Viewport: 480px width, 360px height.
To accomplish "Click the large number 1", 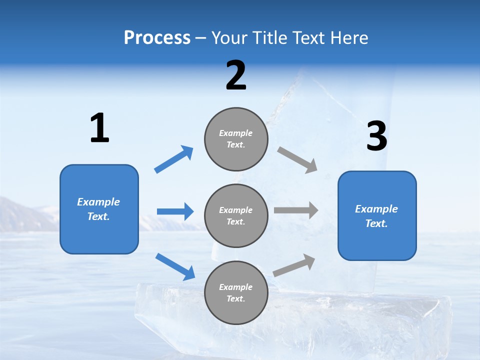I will click(99, 128).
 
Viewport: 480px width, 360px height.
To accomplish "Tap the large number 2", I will click(236, 75).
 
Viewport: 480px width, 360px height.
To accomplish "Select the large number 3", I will click(376, 137).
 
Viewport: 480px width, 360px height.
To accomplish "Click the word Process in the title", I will click(157, 37).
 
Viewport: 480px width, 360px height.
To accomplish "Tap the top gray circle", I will click(236, 139).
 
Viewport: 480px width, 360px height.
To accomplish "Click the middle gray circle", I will click(236, 216).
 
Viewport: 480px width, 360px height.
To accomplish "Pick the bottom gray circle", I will click(236, 293).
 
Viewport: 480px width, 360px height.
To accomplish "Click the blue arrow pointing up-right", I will click(174, 159).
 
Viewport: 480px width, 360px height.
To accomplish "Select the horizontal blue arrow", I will click(175, 211).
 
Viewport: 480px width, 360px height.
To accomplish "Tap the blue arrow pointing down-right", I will click(175, 266).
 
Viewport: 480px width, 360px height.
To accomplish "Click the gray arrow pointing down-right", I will click(297, 159).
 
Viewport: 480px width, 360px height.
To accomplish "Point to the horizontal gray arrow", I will click(296, 210).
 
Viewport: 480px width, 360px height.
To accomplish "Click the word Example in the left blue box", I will click(98, 202).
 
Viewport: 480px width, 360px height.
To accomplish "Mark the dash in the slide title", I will click(201, 38).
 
